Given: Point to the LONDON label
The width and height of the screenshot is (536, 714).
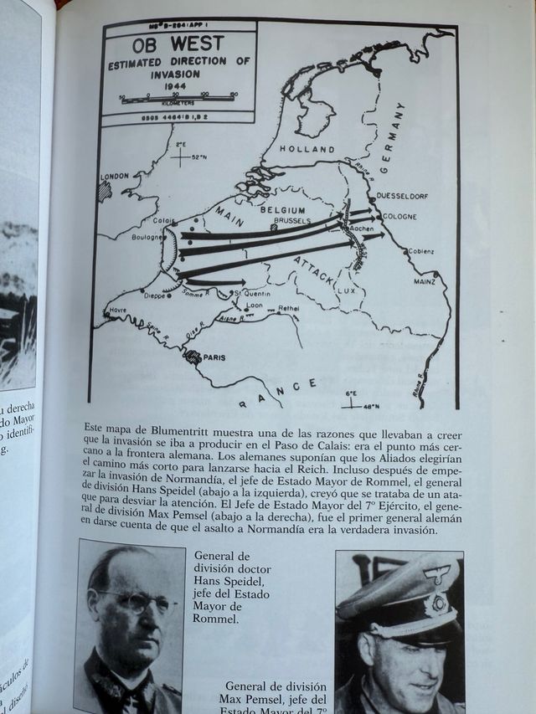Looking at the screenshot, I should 116,177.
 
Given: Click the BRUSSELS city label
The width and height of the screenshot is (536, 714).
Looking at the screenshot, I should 291,220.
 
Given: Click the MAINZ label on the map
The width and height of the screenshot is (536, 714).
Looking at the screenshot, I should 424,282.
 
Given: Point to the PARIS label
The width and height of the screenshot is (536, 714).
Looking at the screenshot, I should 216,356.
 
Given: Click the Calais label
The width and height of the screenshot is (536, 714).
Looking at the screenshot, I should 164,221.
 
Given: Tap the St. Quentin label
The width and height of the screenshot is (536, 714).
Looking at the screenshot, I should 250,294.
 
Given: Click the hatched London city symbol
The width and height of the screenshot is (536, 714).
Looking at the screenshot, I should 104,191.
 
